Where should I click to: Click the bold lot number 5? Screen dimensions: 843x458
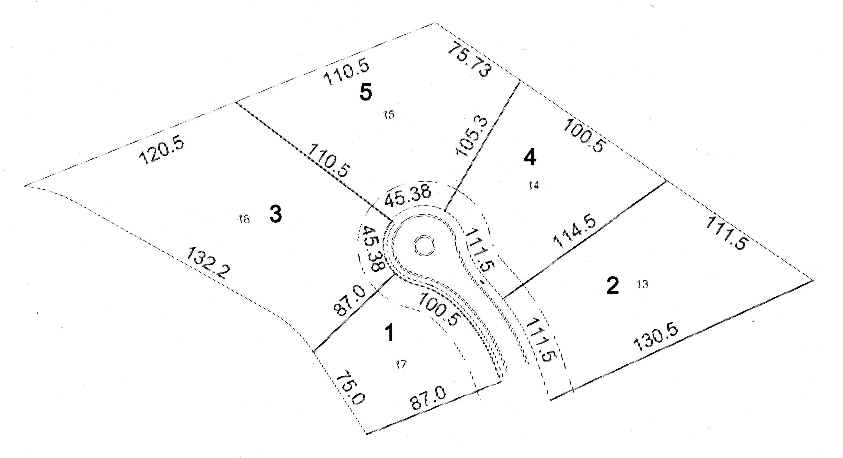(x=366, y=92)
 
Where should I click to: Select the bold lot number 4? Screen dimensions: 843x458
(x=530, y=159)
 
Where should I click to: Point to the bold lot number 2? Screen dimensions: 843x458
(x=612, y=286)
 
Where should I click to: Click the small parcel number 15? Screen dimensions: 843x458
(x=389, y=115)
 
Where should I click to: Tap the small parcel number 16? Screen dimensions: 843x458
(x=244, y=219)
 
